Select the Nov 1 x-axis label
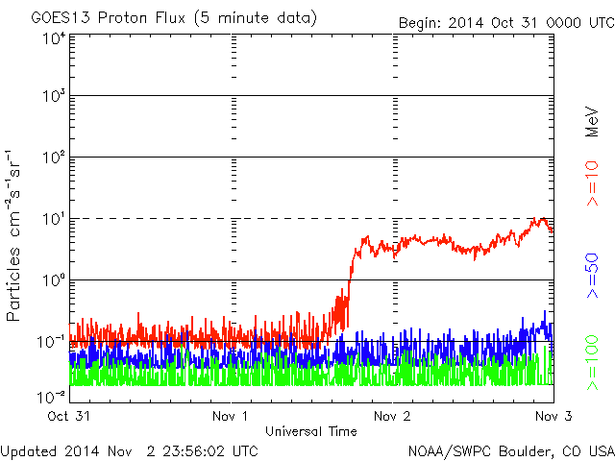231,416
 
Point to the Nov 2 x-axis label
391,416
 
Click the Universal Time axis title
311,430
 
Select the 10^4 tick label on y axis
53,37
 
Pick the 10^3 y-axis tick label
53,97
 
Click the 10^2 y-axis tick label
53,158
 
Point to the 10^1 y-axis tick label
53,220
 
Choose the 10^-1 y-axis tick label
51,342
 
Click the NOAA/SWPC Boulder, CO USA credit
510,450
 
